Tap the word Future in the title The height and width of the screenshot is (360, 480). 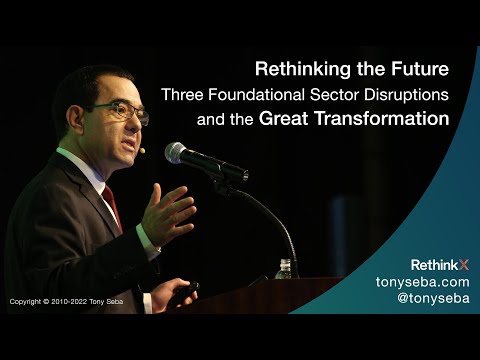[x=419, y=70]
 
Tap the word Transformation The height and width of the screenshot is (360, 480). [x=386, y=119]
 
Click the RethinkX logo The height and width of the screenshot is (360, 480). [x=440, y=265]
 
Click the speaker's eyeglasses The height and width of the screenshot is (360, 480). [x=125, y=109]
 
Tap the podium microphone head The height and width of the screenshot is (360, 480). [x=179, y=153]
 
